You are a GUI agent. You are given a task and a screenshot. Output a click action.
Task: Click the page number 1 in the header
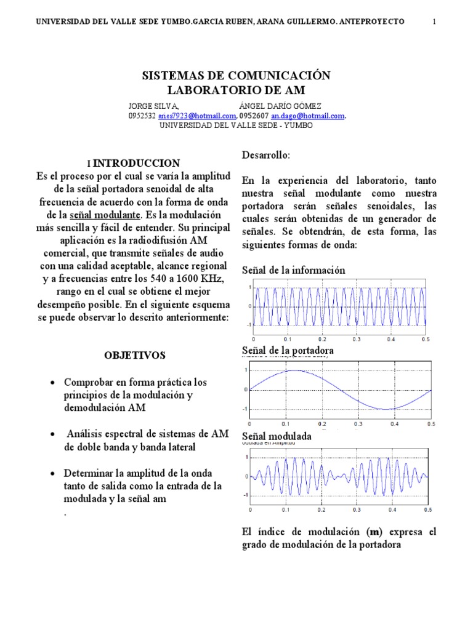435,22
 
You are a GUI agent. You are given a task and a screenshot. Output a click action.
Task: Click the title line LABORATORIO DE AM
236,90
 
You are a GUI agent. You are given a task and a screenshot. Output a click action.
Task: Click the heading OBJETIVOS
135,355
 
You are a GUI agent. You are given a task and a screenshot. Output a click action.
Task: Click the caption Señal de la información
293,270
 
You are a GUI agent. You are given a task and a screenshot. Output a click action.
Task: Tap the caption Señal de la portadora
288,351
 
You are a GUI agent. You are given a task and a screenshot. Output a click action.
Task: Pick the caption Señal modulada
277,436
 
